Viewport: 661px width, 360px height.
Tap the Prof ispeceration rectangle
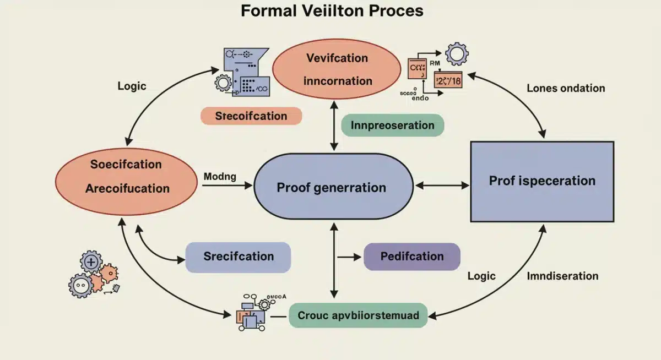click(542, 181)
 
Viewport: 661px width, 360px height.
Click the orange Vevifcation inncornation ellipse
click(337, 69)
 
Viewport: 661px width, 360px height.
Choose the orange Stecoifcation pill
click(251, 116)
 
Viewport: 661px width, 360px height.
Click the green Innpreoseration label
click(392, 125)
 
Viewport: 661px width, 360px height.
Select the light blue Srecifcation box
click(238, 257)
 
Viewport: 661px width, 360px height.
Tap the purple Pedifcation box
click(411, 257)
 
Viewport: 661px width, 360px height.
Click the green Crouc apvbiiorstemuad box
click(358, 315)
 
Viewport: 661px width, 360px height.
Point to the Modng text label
click(219, 177)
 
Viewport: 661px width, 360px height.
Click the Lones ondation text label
click(565, 88)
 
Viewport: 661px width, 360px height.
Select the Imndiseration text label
click(562, 276)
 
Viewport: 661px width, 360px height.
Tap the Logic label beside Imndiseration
click(481, 276)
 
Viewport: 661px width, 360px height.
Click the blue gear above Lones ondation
click(456, 54)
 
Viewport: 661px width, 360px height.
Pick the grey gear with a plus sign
click(91, 261)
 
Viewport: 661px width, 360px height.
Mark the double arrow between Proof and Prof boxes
click(442, 186)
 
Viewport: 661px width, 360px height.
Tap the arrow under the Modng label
click(226, 186)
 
